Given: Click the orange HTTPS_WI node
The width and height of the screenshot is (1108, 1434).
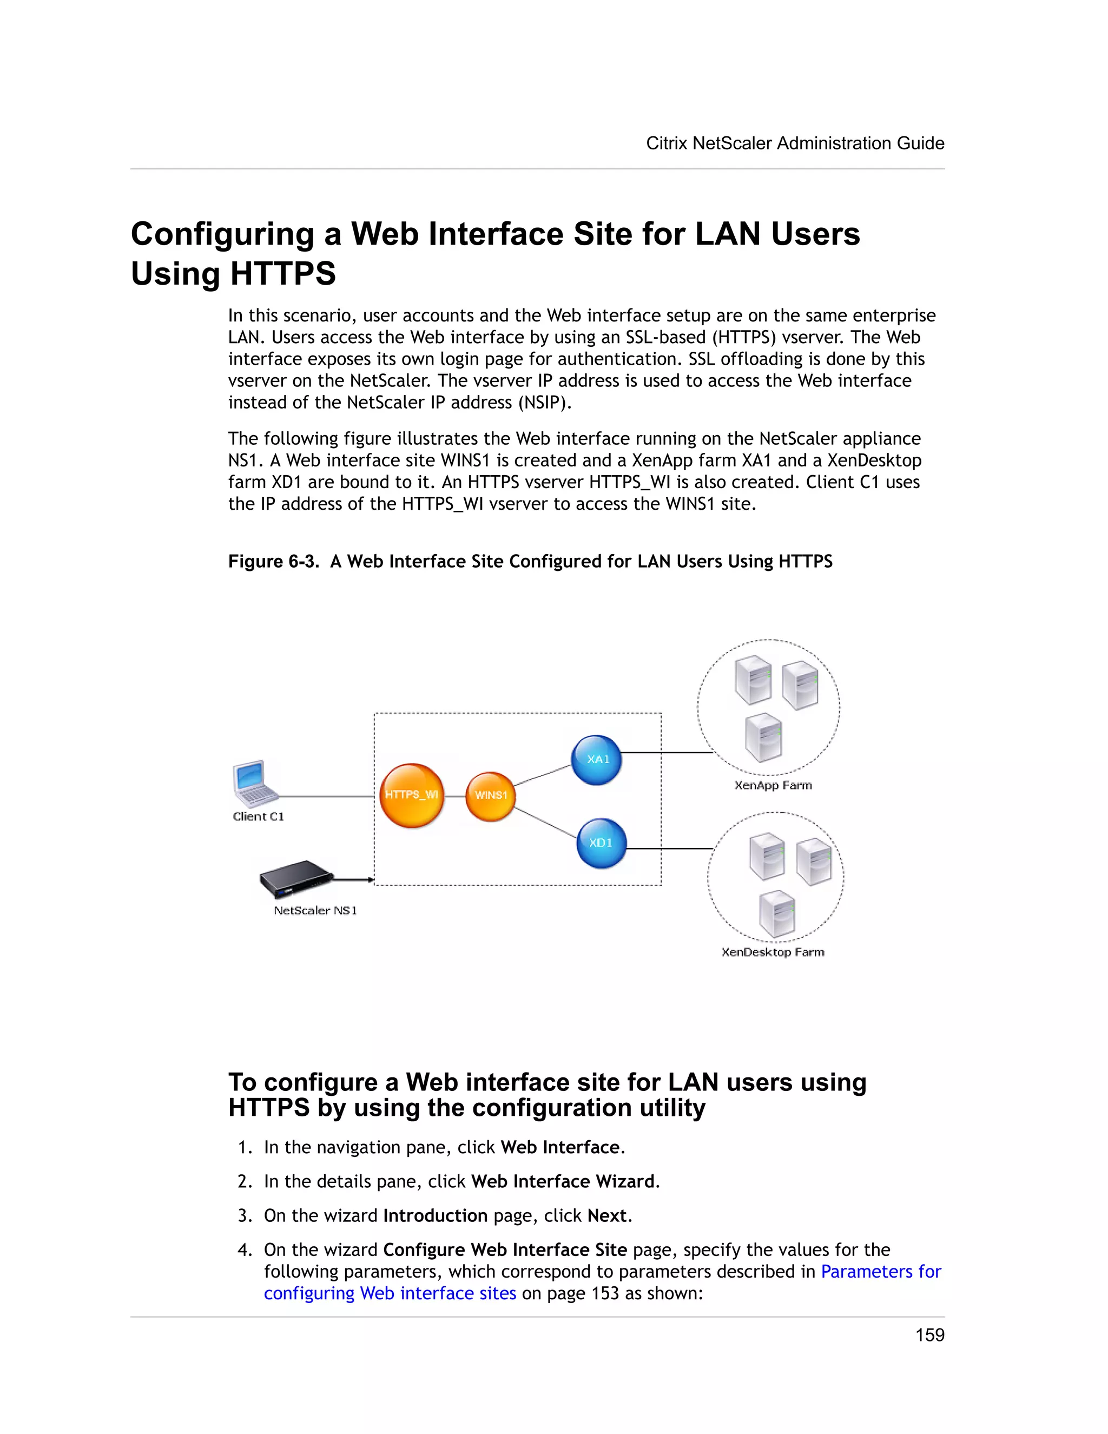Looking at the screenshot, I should (412, 795).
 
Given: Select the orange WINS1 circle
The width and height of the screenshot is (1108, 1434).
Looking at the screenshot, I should (490, 796).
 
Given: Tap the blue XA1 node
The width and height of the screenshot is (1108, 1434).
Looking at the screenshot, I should (596, 760).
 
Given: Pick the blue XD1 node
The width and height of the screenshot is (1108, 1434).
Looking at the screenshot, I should (601, 843).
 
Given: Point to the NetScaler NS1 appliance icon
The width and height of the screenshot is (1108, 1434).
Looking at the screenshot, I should (295, 878).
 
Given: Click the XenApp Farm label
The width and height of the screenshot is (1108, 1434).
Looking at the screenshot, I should (773, 785).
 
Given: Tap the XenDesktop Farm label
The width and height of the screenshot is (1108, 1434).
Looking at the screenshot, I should (773, 952).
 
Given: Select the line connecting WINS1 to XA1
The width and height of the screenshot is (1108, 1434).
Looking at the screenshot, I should (542, 776).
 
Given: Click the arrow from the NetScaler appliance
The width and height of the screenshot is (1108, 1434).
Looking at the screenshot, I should (354, 879).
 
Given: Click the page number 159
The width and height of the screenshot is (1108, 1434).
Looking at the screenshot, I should (929, 1335).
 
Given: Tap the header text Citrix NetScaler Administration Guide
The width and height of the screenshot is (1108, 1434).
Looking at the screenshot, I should (795, 143).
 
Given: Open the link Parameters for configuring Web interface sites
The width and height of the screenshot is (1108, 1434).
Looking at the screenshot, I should (880, 1271).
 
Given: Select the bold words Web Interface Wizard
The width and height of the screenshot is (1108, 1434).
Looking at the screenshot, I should (563, 1181).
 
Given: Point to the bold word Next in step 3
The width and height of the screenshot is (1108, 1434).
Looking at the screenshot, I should (606, 1215).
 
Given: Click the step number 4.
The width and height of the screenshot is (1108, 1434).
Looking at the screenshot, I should (244, 1249).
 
